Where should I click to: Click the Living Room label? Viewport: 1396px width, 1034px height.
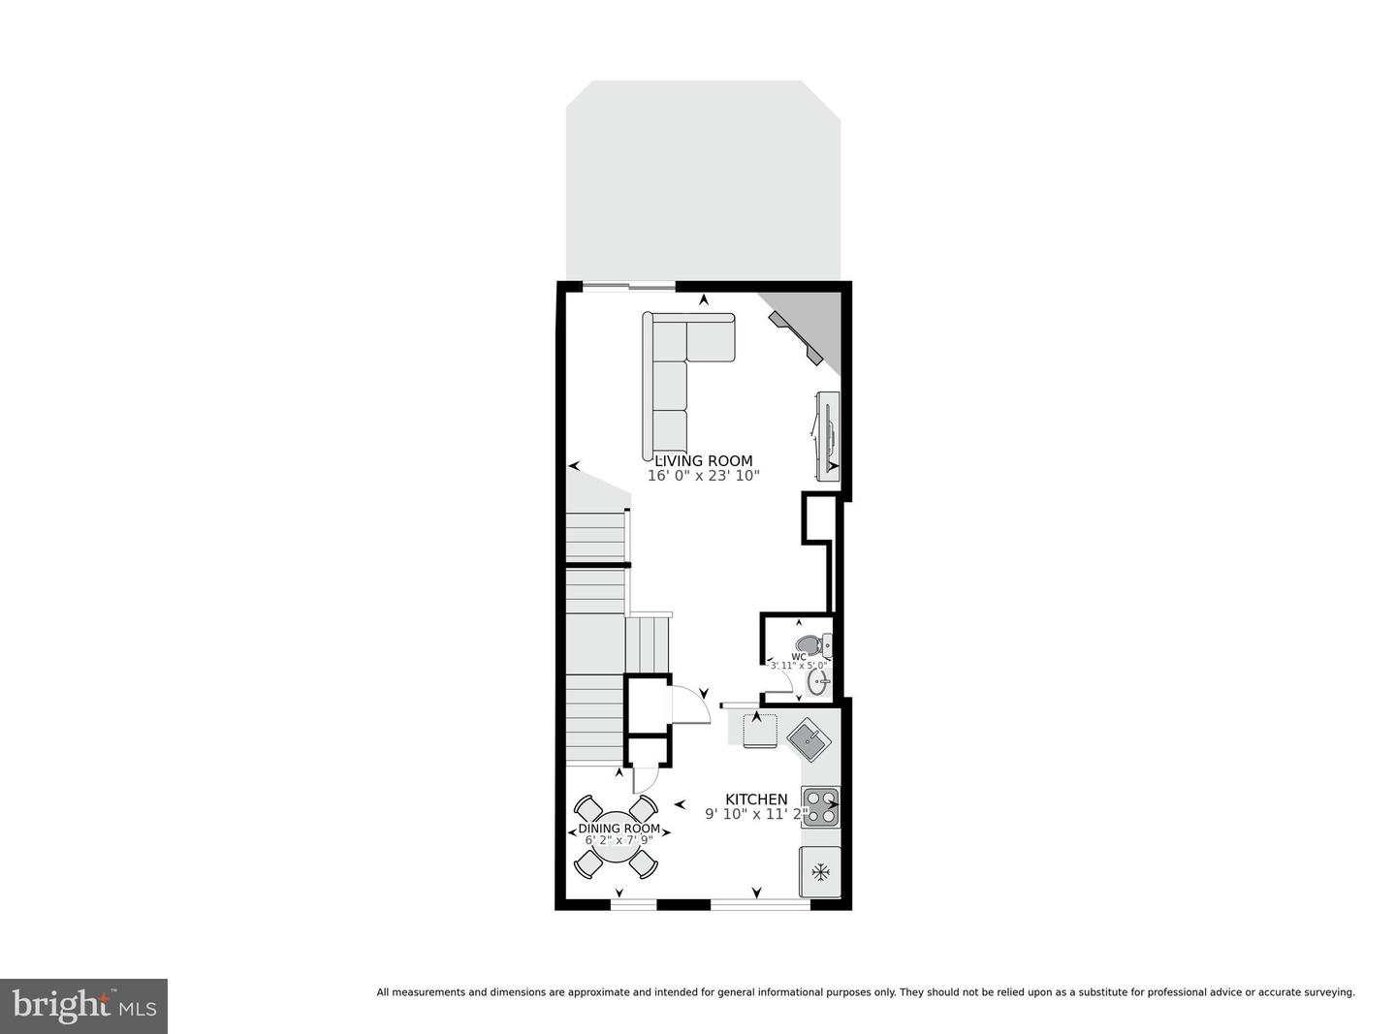click(703, 461)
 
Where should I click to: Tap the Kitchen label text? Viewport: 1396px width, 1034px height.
click(756, 799)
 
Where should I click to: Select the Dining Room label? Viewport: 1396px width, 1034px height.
click(619, 829)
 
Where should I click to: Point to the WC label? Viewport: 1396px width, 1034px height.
click(799, 656)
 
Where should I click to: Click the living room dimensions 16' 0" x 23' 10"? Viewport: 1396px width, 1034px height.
click(703, 476)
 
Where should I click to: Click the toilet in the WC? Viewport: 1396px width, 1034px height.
click(809, 643)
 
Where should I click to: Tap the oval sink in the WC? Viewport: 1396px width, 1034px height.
click(817, 682)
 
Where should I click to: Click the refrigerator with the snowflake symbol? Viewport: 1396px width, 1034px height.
click(820, 871)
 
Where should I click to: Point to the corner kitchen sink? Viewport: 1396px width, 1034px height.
click(809, 741)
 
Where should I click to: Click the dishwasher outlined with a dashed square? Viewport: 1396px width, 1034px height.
click(759, 730)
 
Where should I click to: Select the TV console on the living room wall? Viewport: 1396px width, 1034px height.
click(827, 436)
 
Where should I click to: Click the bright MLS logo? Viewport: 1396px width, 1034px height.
click(84, 1006)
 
